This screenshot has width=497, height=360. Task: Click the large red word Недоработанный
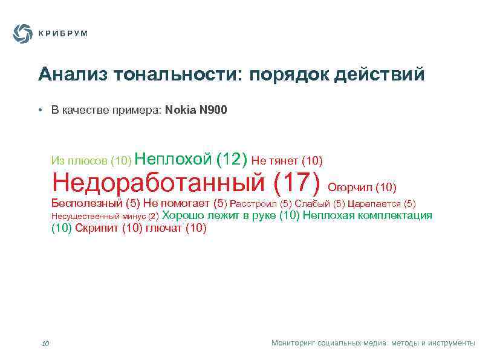click(x=158, y=180)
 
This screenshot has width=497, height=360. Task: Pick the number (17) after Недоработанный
click(x=297, y=180)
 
